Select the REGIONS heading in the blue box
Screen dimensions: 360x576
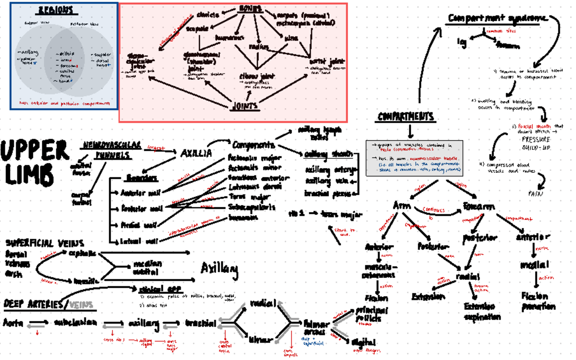[56, 10]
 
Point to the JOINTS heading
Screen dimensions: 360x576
[245, 106]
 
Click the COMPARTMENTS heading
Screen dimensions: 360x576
[406, 117]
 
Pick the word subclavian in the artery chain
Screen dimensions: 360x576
[76, 322]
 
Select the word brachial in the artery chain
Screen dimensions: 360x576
[201, 323]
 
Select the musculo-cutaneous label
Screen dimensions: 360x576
[380, 271]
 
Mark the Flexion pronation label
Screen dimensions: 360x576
[538, 301]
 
